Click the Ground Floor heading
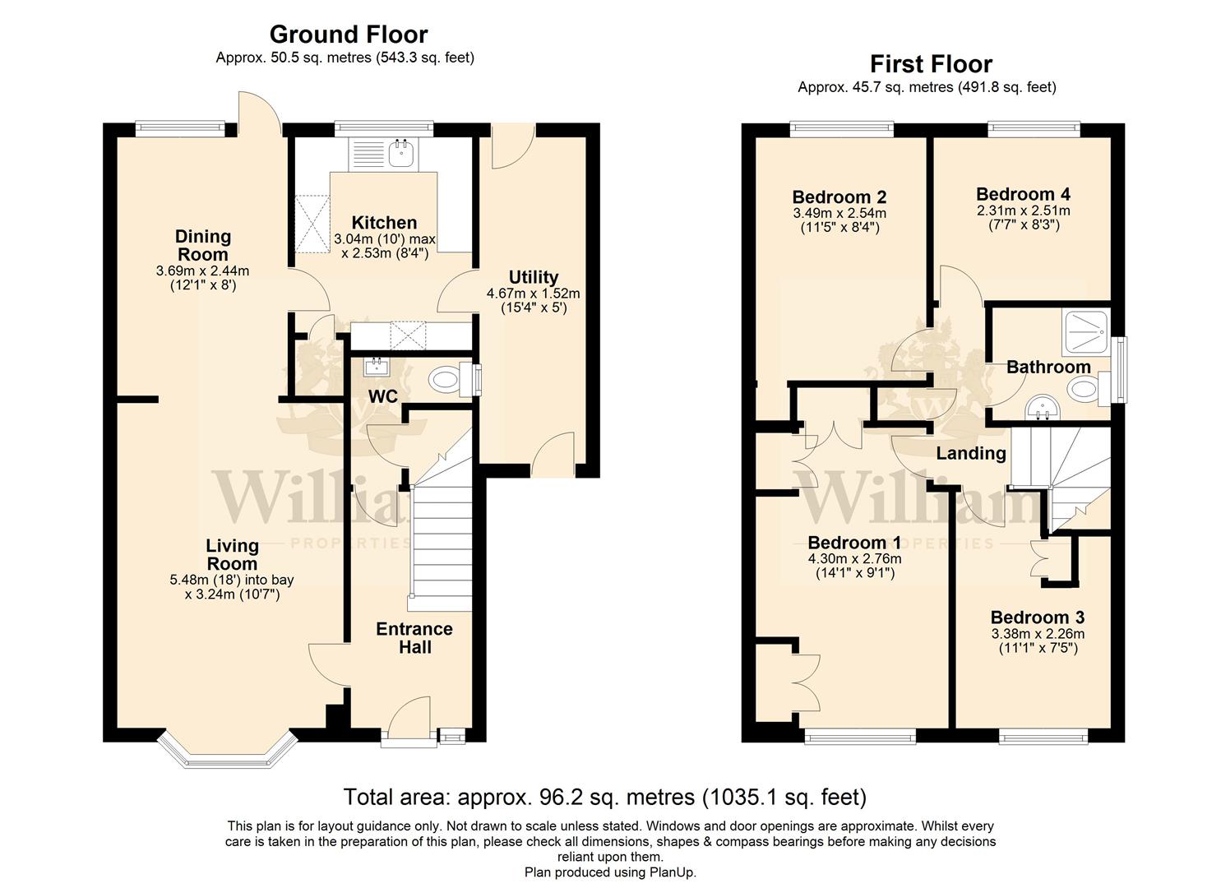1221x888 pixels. click(x=349, y=35)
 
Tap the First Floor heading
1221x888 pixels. click(x=931, y=64)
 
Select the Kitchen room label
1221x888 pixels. click(x=384, y=222)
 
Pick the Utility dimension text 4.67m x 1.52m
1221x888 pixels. click(x=533, y=294)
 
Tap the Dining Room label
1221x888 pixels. click(x=203, y=245)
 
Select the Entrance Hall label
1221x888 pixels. click(x=414, y=638)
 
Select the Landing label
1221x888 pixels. click(x=971, y=453)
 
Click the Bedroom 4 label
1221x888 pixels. click(x=1023, y=194)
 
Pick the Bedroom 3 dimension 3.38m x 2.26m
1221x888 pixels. click(x=1038, y=634)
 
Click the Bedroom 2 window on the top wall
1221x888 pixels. click(x=842, y=129)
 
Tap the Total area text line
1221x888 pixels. click(x=605, y=797)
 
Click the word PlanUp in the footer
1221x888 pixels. click(x=672, y=872)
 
